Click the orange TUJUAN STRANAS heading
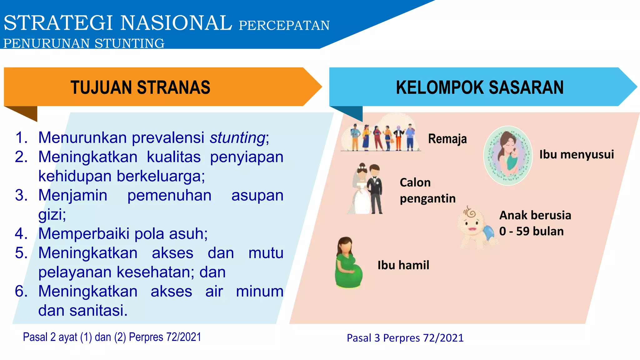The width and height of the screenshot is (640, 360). click(140, 87)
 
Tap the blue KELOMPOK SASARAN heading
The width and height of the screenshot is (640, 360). click(480, 87)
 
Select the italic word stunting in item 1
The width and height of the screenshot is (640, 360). click(237, 137)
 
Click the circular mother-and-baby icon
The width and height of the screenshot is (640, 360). click(508, 155)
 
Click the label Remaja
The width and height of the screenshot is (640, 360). click(447, 139)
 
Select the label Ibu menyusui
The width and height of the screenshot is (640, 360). click(577, 154)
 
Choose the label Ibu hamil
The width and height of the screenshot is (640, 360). click(403, 265)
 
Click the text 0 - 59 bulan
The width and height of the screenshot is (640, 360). click(531, 231)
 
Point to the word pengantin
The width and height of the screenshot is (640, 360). click(427, 198)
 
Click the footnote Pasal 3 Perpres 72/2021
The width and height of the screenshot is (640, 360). click(405, 338)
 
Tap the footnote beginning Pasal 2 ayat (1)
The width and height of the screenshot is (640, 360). click(112, 337)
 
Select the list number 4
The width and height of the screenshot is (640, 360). click(21, 233)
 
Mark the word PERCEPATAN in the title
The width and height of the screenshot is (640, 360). click(284, 25)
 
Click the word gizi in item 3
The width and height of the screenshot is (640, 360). click(52, 215)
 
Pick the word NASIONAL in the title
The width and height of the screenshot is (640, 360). click(176, 23)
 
